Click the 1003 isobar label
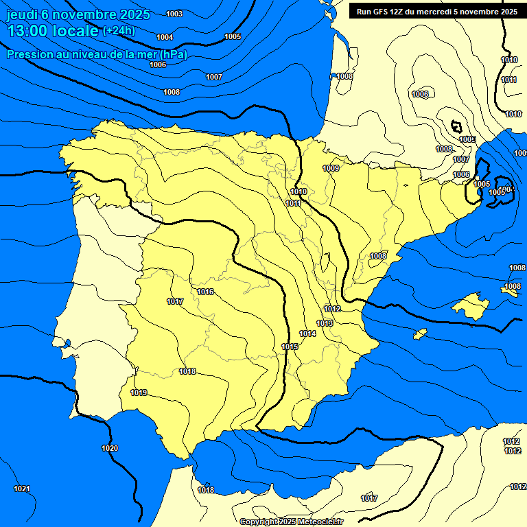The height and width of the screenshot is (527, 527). coord(174,14)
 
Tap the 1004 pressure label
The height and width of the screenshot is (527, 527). coord(165,37)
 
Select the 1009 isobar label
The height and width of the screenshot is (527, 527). coord(331,168)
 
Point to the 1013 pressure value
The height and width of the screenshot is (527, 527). coord(325,323)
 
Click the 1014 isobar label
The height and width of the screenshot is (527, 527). coord(307,333)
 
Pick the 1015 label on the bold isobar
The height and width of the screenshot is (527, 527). coord(290,347)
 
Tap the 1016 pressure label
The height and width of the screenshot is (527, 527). coord(205,292)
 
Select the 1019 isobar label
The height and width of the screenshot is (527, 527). coord(139,393)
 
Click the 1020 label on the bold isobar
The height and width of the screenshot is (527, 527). coord(110,448)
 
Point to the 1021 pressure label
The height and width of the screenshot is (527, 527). coord(22,489)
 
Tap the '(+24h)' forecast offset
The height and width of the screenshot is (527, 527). coord(119,30)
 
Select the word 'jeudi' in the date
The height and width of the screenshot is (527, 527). coord(22,14)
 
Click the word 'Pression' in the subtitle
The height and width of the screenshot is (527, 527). coord(28,54)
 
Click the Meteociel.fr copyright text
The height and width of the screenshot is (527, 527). coord(291,522)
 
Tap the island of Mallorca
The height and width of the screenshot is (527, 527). coord(473,304)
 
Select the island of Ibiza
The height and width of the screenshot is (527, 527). coord(418,333)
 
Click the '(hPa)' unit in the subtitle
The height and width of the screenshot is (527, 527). coord(172,54)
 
